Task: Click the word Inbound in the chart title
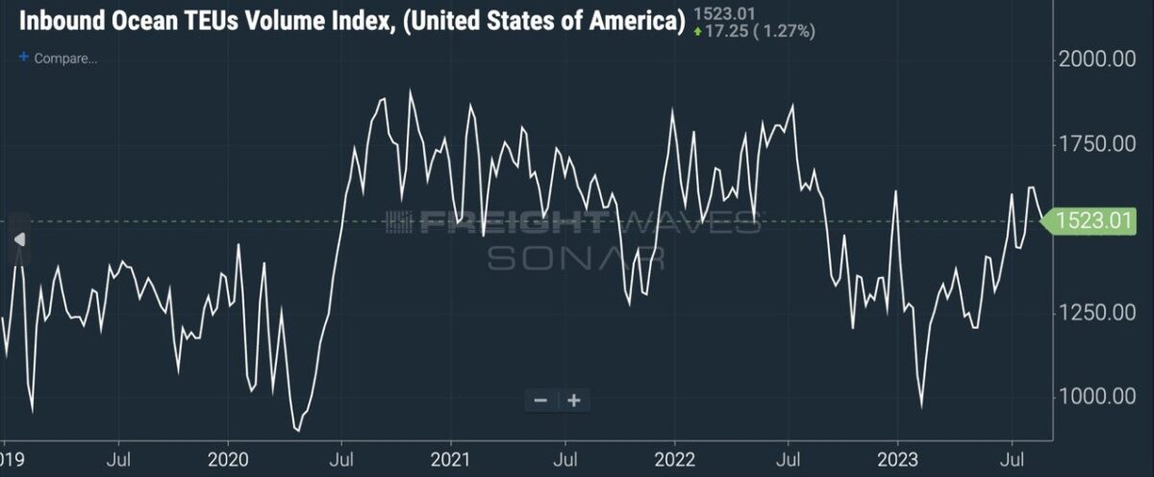(x=62, y=21)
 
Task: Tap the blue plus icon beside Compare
(x=24, y=57)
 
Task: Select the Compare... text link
(x=65, y=59)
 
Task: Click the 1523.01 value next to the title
(x=724, y=13)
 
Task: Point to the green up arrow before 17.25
(x=698, y=32)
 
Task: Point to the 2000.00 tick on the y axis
(x=1097, y=60)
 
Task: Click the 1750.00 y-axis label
(x=1097, y=143)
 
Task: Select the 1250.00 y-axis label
(x=1097, y=313)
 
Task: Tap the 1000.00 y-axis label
(x=1097, y=396)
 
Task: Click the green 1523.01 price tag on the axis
(x=1089, y=221)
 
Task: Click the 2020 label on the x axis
(x=228, y=460)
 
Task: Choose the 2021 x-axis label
(x=451, y=460)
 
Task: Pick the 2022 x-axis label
(x=674, y=460)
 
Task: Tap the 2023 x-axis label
(x=897, y=460)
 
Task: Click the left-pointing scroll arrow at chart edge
(x=19, y=239)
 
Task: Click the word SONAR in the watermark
(x=576, y=258)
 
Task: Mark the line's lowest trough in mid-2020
(x=298, y=431)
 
